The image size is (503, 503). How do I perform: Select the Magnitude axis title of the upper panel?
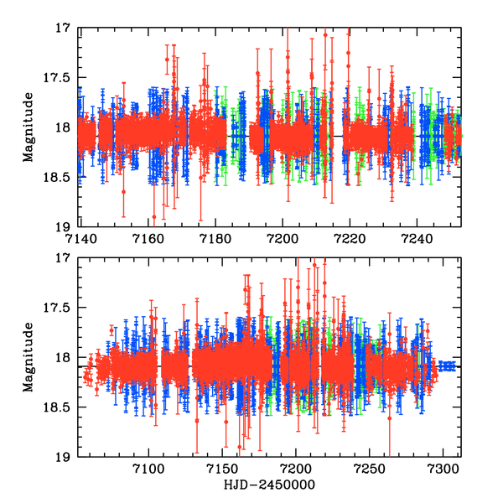click(x=29, y=127)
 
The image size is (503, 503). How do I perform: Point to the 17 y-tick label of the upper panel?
click(x=62, y=28)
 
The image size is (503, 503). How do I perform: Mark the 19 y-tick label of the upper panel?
click(x=62, y=226)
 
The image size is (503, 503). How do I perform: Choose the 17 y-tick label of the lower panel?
click(x=62, y=258)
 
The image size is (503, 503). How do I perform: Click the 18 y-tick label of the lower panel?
click(x=62, y=358)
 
